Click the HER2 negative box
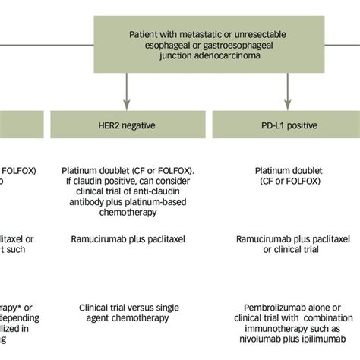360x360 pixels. [x=126, y=124]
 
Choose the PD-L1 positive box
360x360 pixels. [x=287, y=124]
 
